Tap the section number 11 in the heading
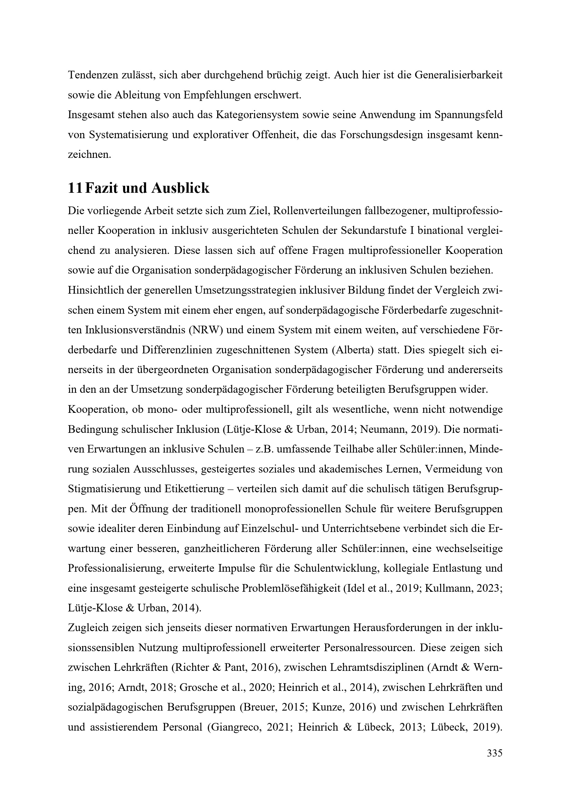[75, 189]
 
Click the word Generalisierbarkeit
[458, 75]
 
